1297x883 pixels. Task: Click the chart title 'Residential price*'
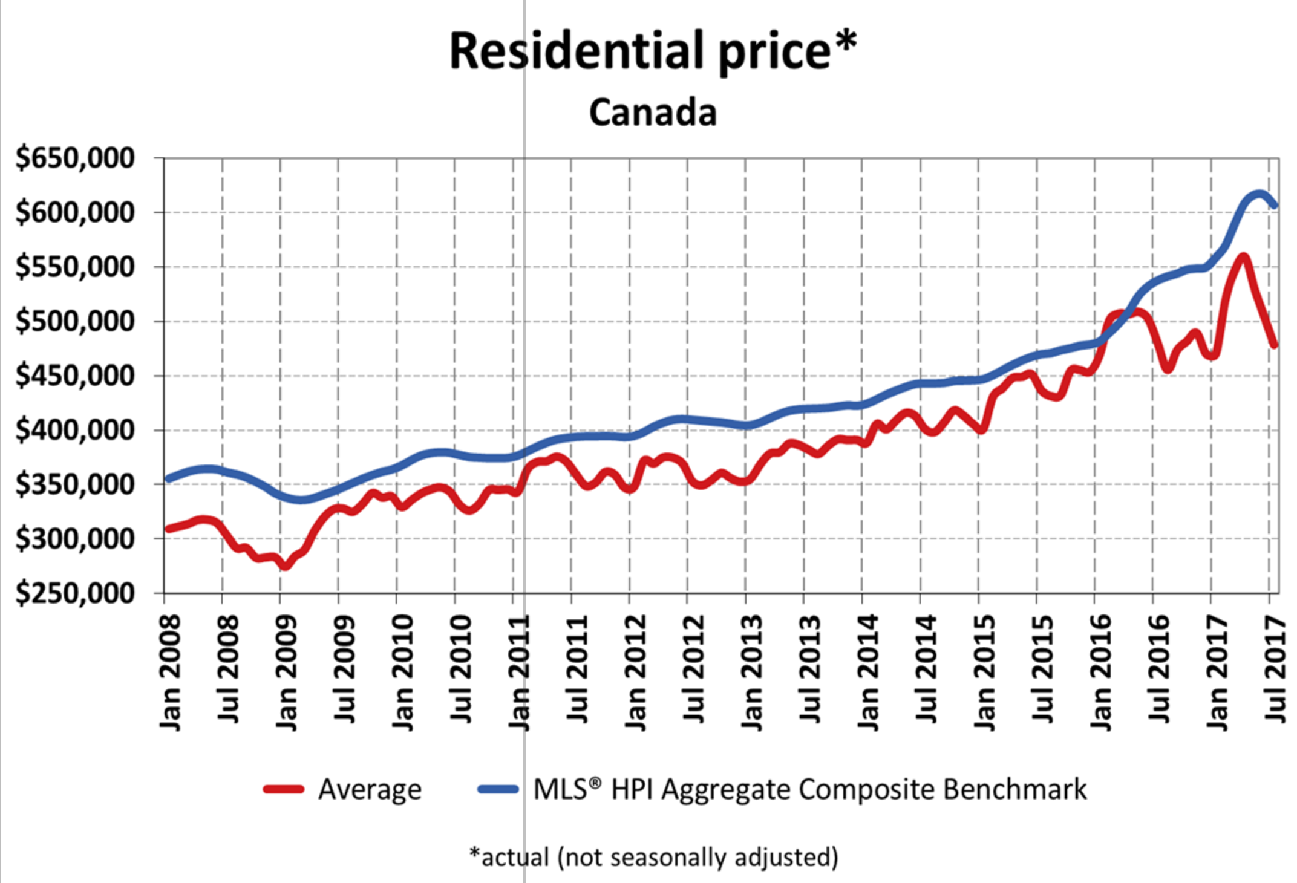tap(653, 51)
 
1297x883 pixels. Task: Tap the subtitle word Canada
tap(653, 112)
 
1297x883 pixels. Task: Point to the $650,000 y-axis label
tap(75, 158)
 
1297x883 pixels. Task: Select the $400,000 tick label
tap(75, 430)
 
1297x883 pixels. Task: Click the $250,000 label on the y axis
tap(75, 593)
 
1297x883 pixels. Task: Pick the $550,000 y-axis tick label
tap(75, 267)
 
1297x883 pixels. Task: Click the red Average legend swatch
tap(283, 789)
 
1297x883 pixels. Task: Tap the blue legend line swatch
tap(498, 789)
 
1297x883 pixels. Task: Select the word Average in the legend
tap(370, 789)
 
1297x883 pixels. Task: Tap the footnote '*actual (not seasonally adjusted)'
tap(654, 857)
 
